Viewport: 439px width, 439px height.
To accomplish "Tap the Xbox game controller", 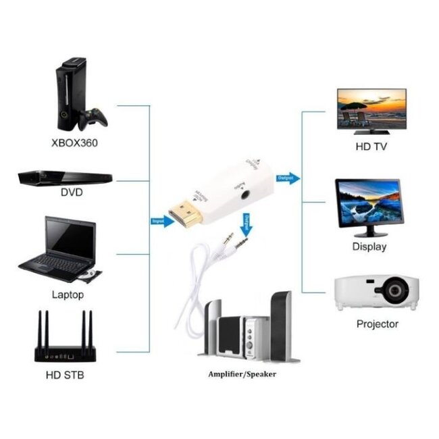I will tap(93, 119).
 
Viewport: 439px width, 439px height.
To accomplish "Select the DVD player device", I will tap(64, 178).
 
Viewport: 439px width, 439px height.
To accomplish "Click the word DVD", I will tap(71, 192).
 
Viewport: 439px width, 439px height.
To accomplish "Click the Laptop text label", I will tap(68, 294).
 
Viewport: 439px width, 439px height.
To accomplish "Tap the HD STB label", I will tap(66, 373).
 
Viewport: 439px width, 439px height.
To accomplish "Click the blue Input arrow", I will tap(161, 220).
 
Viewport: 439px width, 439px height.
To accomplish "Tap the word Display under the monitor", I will tap(369, 247).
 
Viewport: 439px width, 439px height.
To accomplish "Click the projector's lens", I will tap(392, 293).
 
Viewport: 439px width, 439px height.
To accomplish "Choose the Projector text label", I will tap(377, 324).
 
